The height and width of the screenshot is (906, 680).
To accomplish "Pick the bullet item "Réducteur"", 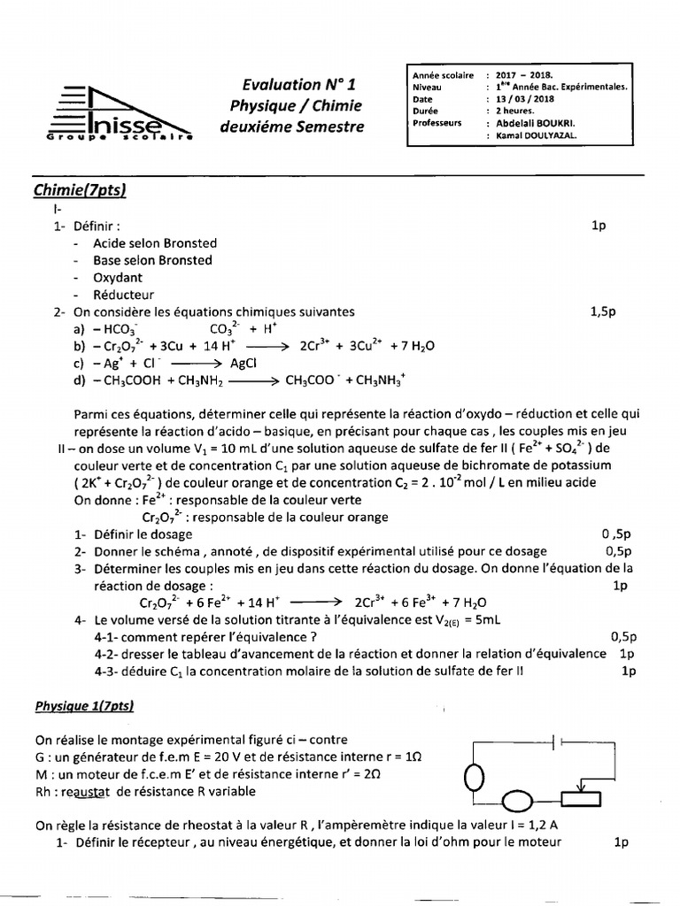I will [x=123, y=295].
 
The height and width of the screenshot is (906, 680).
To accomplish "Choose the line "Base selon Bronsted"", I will [x=152, y=260].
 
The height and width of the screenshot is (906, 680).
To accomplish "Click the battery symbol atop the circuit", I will [x=557, y=742].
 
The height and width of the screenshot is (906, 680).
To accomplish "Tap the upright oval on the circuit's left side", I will [x=475, y=777].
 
